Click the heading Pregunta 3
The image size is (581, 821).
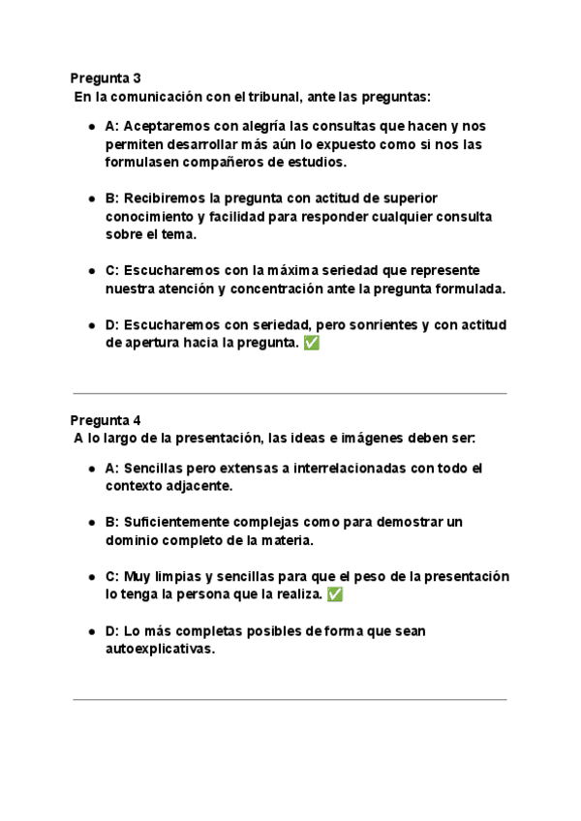tap(106, 77)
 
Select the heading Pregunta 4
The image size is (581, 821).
tap(106, 420)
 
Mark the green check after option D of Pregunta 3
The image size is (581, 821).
tap(311, 344)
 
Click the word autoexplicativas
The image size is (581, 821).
tap(159, 650)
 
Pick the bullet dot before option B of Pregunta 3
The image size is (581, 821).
tap(91, 198)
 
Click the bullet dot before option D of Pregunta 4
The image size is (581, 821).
tap(91, 631)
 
